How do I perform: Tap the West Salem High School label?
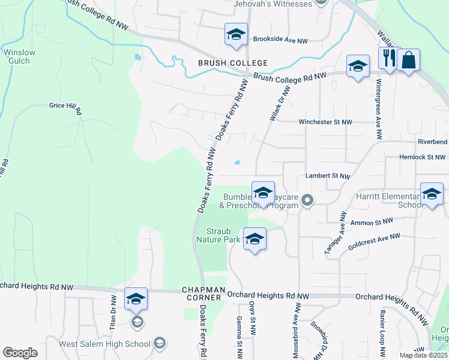(104, 344)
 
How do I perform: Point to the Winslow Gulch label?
(19, 56)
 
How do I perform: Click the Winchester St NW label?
(325, 122)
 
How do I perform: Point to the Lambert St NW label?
(327, 176)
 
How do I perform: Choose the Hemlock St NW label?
(423, 157)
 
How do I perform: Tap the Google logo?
(20, 353)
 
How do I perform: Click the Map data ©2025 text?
(423, 355)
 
